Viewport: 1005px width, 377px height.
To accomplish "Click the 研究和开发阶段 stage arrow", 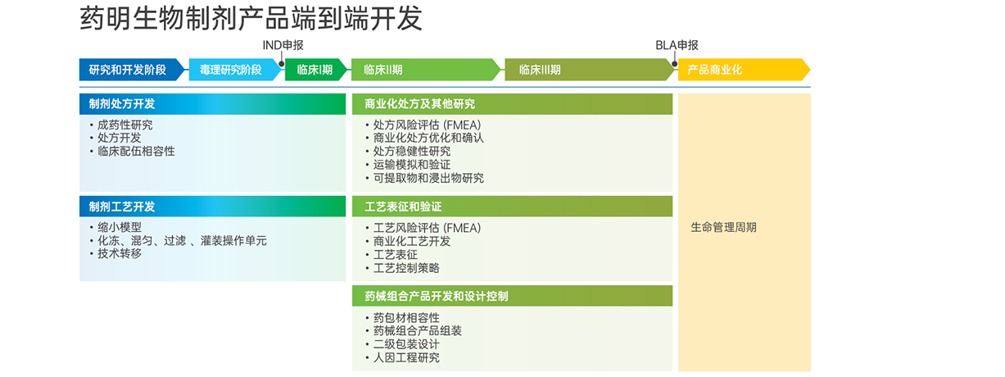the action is (x=132, y=70).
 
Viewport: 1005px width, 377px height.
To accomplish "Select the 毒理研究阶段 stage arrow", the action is (x=236, y=70).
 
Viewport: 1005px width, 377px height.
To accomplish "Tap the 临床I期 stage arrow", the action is (x=316, y=70).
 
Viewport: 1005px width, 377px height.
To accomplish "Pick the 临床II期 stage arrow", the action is (x=426, y=70).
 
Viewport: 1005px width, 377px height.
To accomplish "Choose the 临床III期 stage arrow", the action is (x=590, y=70).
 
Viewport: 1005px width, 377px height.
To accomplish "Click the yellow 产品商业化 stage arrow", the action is (x=744, y=70).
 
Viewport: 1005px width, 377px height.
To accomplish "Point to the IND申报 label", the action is (x=283, y=45).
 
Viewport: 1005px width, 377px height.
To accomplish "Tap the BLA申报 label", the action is (x=677, y=45).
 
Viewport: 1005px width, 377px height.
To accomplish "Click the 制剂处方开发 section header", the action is (x=212, y=104).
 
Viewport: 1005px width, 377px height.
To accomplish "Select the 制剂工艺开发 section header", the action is (x=212, y=207).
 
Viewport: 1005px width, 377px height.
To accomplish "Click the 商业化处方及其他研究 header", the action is (x=513, y=104).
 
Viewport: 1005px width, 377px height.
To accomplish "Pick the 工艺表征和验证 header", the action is (x=513, y=207).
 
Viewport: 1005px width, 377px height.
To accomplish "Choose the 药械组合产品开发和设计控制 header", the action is (x=513, y=296).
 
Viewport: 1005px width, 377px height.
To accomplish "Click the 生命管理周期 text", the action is (x=724, y=228).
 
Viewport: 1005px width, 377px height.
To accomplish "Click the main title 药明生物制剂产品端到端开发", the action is (x=251, y=19).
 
